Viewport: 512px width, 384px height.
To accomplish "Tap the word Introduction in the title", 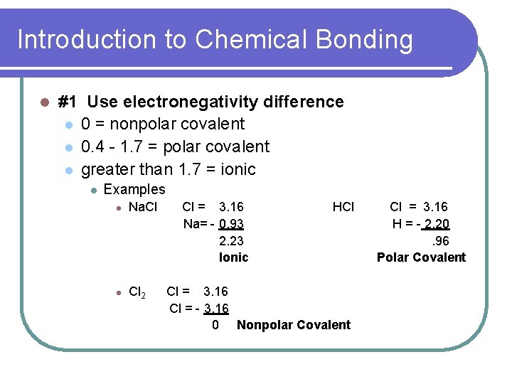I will click(x=87, y=40).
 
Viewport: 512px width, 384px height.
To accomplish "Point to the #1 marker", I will click(x=68, y=102).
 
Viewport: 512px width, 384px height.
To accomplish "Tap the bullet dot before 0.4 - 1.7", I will click(x=69, y=147).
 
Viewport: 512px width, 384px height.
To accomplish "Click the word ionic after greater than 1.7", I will click(x=238, y=169).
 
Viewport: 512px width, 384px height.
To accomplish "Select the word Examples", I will click(x=134, y=190).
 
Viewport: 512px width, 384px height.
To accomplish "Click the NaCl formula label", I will click(x=142, y=207).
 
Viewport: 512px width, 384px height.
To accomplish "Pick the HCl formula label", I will click(x=343, y=207).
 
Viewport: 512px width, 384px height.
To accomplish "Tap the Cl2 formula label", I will click(x=138, y=292).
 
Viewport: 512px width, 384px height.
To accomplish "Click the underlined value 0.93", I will click(x=232, y=224).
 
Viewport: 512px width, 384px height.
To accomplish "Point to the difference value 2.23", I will click(x=232, y=240).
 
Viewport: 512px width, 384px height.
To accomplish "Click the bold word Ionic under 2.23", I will click(x=234, y=257).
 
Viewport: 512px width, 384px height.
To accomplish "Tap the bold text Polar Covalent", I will click(x=421, y=257).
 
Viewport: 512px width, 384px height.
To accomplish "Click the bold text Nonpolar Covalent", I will click(x=294, y=325).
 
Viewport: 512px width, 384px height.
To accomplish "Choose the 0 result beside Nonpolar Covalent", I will click(x=215, y=325).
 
